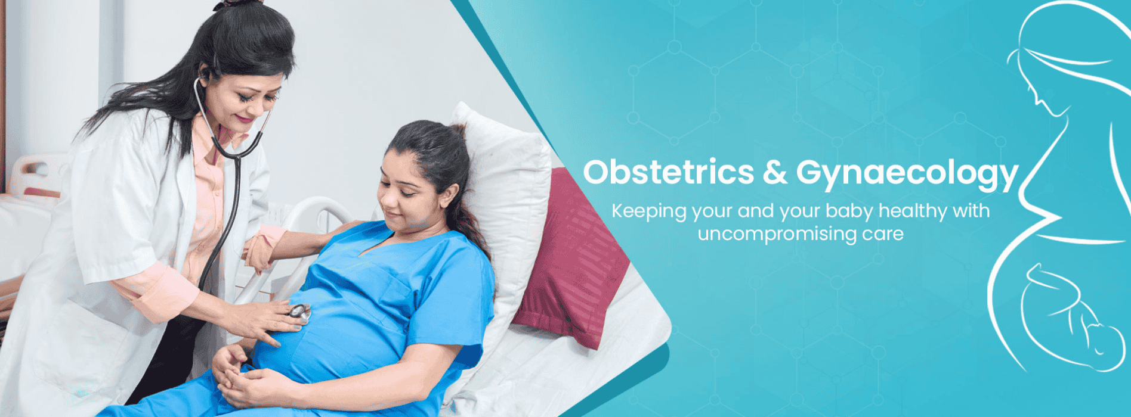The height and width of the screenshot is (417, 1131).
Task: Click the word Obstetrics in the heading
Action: pyautogui.click(x=669, y=172)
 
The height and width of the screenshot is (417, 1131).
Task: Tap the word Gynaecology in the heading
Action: pyautogui.click(x=907, y=174)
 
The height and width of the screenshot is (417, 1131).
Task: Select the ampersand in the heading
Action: pyautogui.click(x=775, y=172)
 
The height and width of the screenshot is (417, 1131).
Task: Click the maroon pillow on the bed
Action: pyautogui.click(x=570, y=260)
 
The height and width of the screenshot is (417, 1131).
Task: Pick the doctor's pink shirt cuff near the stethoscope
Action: pyautogui.click(x=260, y=250)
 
